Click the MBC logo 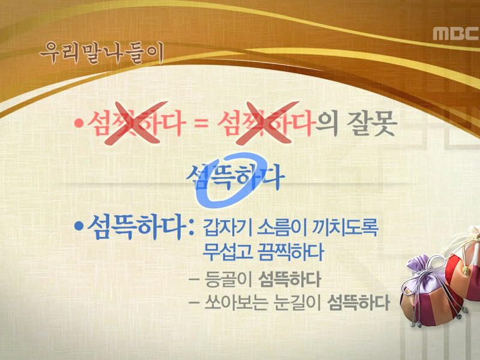click(x=454, y=34)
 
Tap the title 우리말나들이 click(x=101, y=53)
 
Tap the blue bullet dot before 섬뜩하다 click(x=78, y=228)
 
